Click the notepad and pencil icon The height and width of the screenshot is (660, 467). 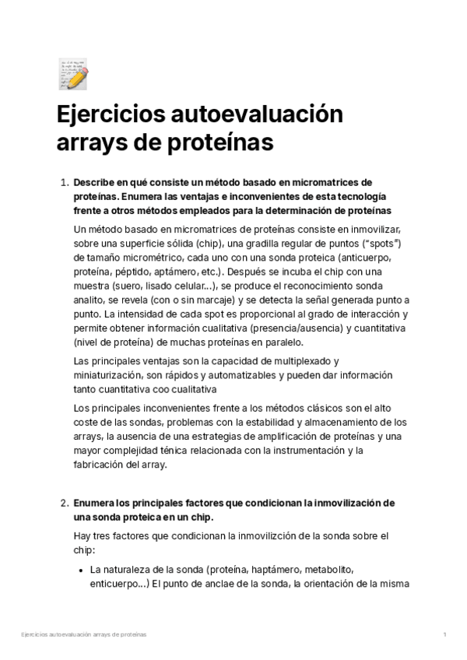74,72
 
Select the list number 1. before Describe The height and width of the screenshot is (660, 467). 65,182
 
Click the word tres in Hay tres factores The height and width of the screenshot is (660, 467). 104,536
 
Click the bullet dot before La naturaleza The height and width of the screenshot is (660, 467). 82,570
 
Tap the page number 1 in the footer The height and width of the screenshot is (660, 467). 444,635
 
